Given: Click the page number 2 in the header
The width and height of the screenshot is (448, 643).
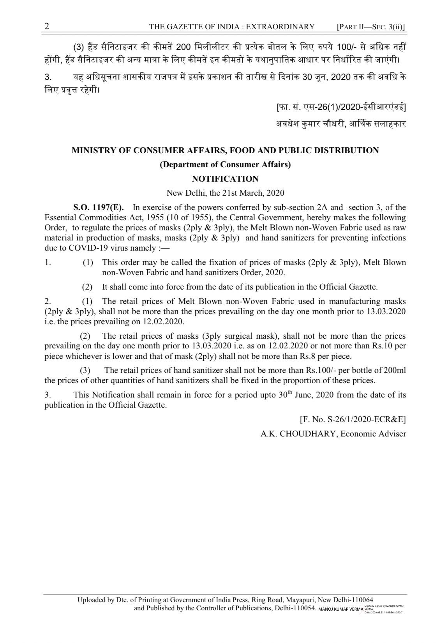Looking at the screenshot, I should pyautogui.click(x=47, y=26).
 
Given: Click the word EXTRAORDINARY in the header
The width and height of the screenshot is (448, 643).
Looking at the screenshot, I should pyautogui.click(x=280, y=27).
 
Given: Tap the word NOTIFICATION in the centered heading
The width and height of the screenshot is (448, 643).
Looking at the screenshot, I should pyautogui.click(x=225, y=179).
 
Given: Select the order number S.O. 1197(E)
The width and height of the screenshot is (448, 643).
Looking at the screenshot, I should pyautogui.click(x=98, y=207).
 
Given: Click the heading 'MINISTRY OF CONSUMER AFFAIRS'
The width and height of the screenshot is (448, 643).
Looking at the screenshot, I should pyautogui.click(x=225, y=150).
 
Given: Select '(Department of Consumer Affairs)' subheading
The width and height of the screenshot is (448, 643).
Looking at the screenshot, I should pyautogui.click(x=225, y=164).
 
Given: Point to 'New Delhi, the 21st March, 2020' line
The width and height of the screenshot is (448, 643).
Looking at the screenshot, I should pyautogui.click(x=225, y=193).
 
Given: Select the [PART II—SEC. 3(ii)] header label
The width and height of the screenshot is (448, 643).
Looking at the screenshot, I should pyautogui.click(x=370, y=27).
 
